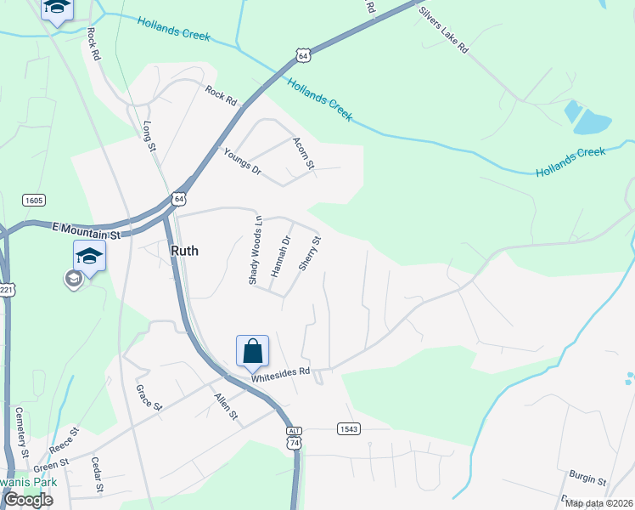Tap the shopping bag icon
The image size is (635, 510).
tap(252, 350)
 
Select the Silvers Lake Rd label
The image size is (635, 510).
tap(443, 31)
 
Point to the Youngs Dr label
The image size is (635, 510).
tap(242, 160)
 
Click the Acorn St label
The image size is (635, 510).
tap(304, 152)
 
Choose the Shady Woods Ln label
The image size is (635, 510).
tap(256, 250)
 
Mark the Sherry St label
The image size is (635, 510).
tap(310, 253)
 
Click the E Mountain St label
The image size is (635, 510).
tap(88, 229)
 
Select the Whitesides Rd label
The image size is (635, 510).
tap(280, 372)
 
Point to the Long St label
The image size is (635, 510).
tap(150, 136)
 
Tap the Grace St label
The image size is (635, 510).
tap(149, 397)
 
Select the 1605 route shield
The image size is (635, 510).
tap(34, 201)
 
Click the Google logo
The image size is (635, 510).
tap(27, 500)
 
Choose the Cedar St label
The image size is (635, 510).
tap(96, 477)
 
